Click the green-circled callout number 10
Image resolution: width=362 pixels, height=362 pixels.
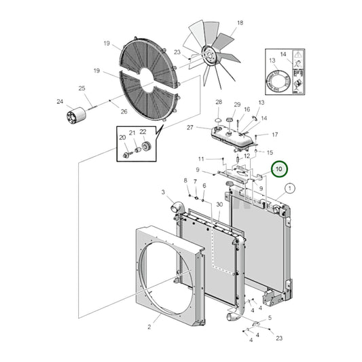pyautogui.click(x=279, y=169)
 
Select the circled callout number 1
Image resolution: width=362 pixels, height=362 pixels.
pyautogui.click(x=290, y=188)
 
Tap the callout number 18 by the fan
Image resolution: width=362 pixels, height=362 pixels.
pyautogui.click(x=240, y=22)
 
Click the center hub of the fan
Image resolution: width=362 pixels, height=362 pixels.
pyautogui.click(x=209, y=55)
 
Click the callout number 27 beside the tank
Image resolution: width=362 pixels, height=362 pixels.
pyautogui.click(x=189, y=128)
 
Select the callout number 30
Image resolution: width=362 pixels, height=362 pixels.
pyautogui.click(x=219, y=204)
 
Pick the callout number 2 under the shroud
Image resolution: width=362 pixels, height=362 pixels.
pyautogui.click(x=149, y=327)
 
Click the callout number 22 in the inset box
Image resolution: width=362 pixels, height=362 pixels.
pyautogui.click(x=143, y=132)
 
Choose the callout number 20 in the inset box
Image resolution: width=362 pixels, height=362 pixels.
pyautogui.click(x=122, y=138)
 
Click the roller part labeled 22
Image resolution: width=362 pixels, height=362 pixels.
pyautogui.click(x=147, y=146)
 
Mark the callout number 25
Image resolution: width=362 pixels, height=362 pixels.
pyautogui.click(x=82, y=88)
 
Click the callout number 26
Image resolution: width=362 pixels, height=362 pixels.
pyautogui.click(x=124, y=111)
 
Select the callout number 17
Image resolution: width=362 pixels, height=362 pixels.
pyautogui.click(x=275, y=134)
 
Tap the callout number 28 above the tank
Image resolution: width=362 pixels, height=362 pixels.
pyautogui.click(x=219, y=102)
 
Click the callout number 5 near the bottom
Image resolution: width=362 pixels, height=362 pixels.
pyautogui.click(x=270, y=318)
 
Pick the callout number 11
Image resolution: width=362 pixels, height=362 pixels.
pyautogui.click(x=201, y=159)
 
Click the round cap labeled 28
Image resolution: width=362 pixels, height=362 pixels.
pyautogui.click(x=219, y=120)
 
